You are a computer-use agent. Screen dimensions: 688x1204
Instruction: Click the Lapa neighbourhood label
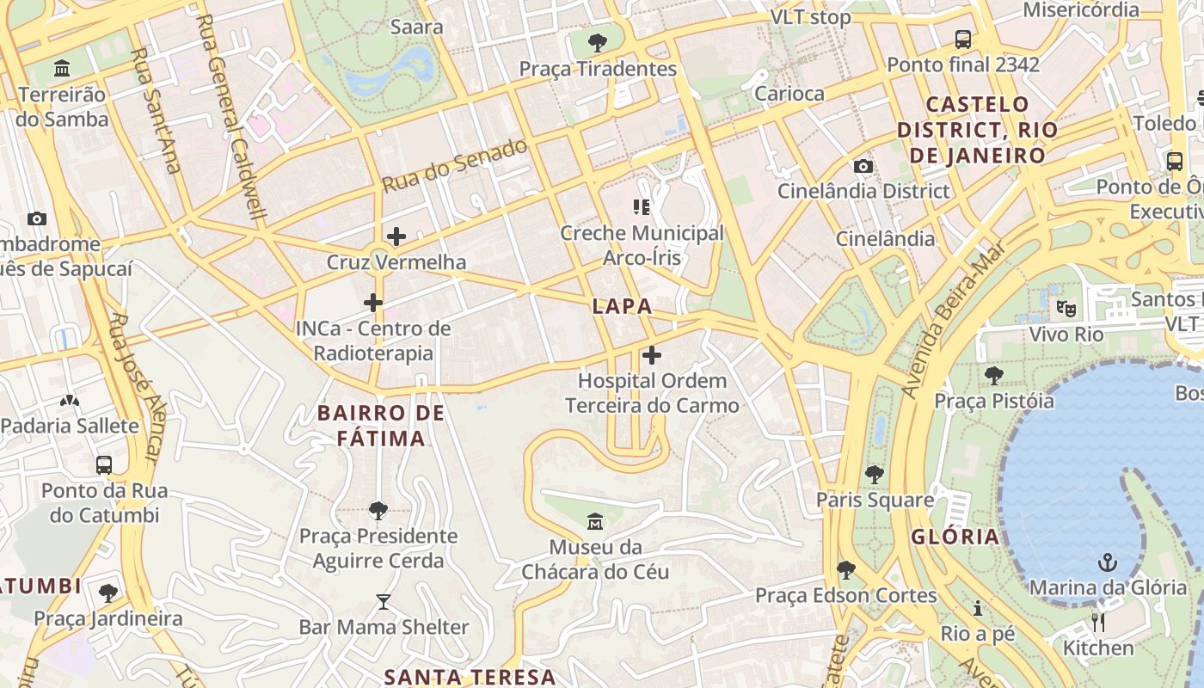click(x=622, y=306)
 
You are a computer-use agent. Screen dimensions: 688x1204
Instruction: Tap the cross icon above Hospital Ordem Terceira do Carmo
click(x=652, y=354)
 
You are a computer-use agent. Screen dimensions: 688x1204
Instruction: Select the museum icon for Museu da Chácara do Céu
click(x=594, y=521)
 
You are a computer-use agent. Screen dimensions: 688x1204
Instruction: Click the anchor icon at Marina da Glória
click(x=1108, y=563)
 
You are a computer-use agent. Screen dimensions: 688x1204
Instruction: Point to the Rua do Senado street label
click(x=455, y=165)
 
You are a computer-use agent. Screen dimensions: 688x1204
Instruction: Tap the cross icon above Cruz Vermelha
click(x=396, y=236)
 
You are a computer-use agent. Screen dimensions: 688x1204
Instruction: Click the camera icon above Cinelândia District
click(x=863, y=166)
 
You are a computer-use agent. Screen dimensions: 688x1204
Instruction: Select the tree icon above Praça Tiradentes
click(x=597, y=42)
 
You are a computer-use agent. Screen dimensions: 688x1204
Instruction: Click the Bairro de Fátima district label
click(x=381, y=426)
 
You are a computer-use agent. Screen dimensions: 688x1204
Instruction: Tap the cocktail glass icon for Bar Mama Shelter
click(x=384, y=602)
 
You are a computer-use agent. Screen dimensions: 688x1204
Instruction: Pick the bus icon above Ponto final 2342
click(x=963, y=40)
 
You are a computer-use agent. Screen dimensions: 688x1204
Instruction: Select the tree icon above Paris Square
click(x=875, y=474)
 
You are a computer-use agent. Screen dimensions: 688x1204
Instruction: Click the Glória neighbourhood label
click(x=955, y=537)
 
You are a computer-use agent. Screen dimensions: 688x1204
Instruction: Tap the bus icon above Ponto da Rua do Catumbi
click(x=104, y=465)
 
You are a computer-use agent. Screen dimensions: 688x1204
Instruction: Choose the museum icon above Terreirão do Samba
click(x=62, y=68)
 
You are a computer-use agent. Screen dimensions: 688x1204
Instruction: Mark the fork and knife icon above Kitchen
click(x=1098, y=623)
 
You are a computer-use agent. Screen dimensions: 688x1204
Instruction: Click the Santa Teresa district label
click(x=470, y=677)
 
